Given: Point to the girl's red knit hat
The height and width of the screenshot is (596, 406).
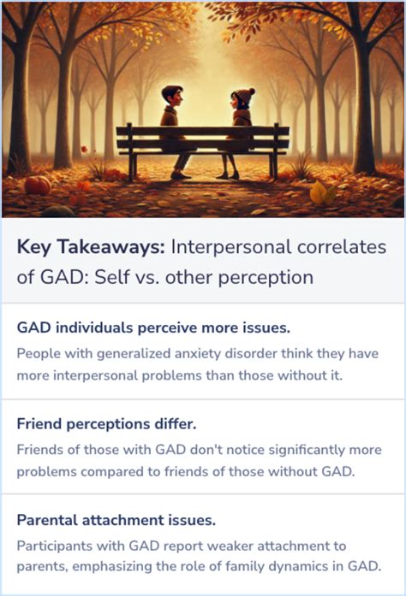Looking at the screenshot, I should tap(242, 93).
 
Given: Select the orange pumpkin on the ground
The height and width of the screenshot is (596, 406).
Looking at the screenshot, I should tap(37, 186).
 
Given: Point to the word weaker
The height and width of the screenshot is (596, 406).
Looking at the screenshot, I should tap(210, 544).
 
